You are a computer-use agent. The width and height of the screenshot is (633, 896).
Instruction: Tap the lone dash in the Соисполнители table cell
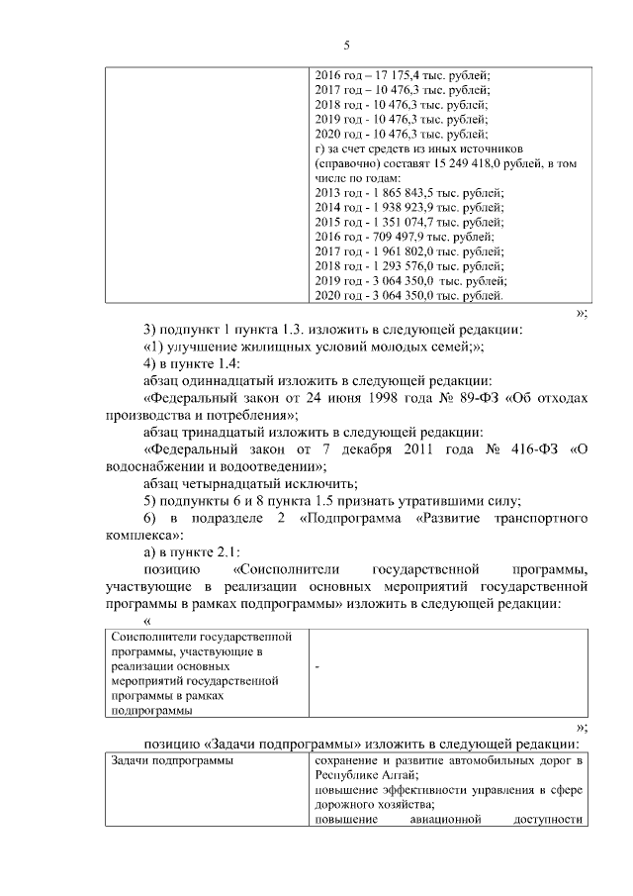[316, 668]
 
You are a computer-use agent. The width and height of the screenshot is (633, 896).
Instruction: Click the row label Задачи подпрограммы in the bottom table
[165, 760]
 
